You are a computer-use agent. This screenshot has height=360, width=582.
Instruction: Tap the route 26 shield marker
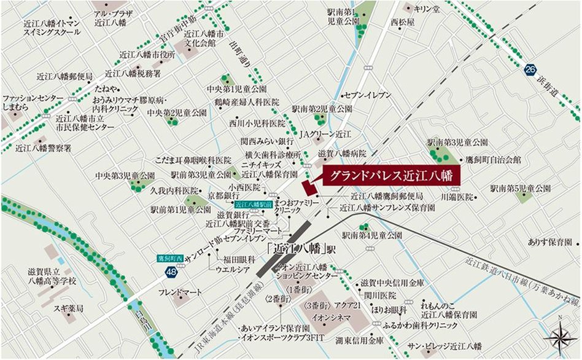[530, 71]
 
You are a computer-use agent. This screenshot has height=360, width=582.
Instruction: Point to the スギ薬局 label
[68, 308]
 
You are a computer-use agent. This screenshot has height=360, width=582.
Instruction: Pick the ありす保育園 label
[549, 243]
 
